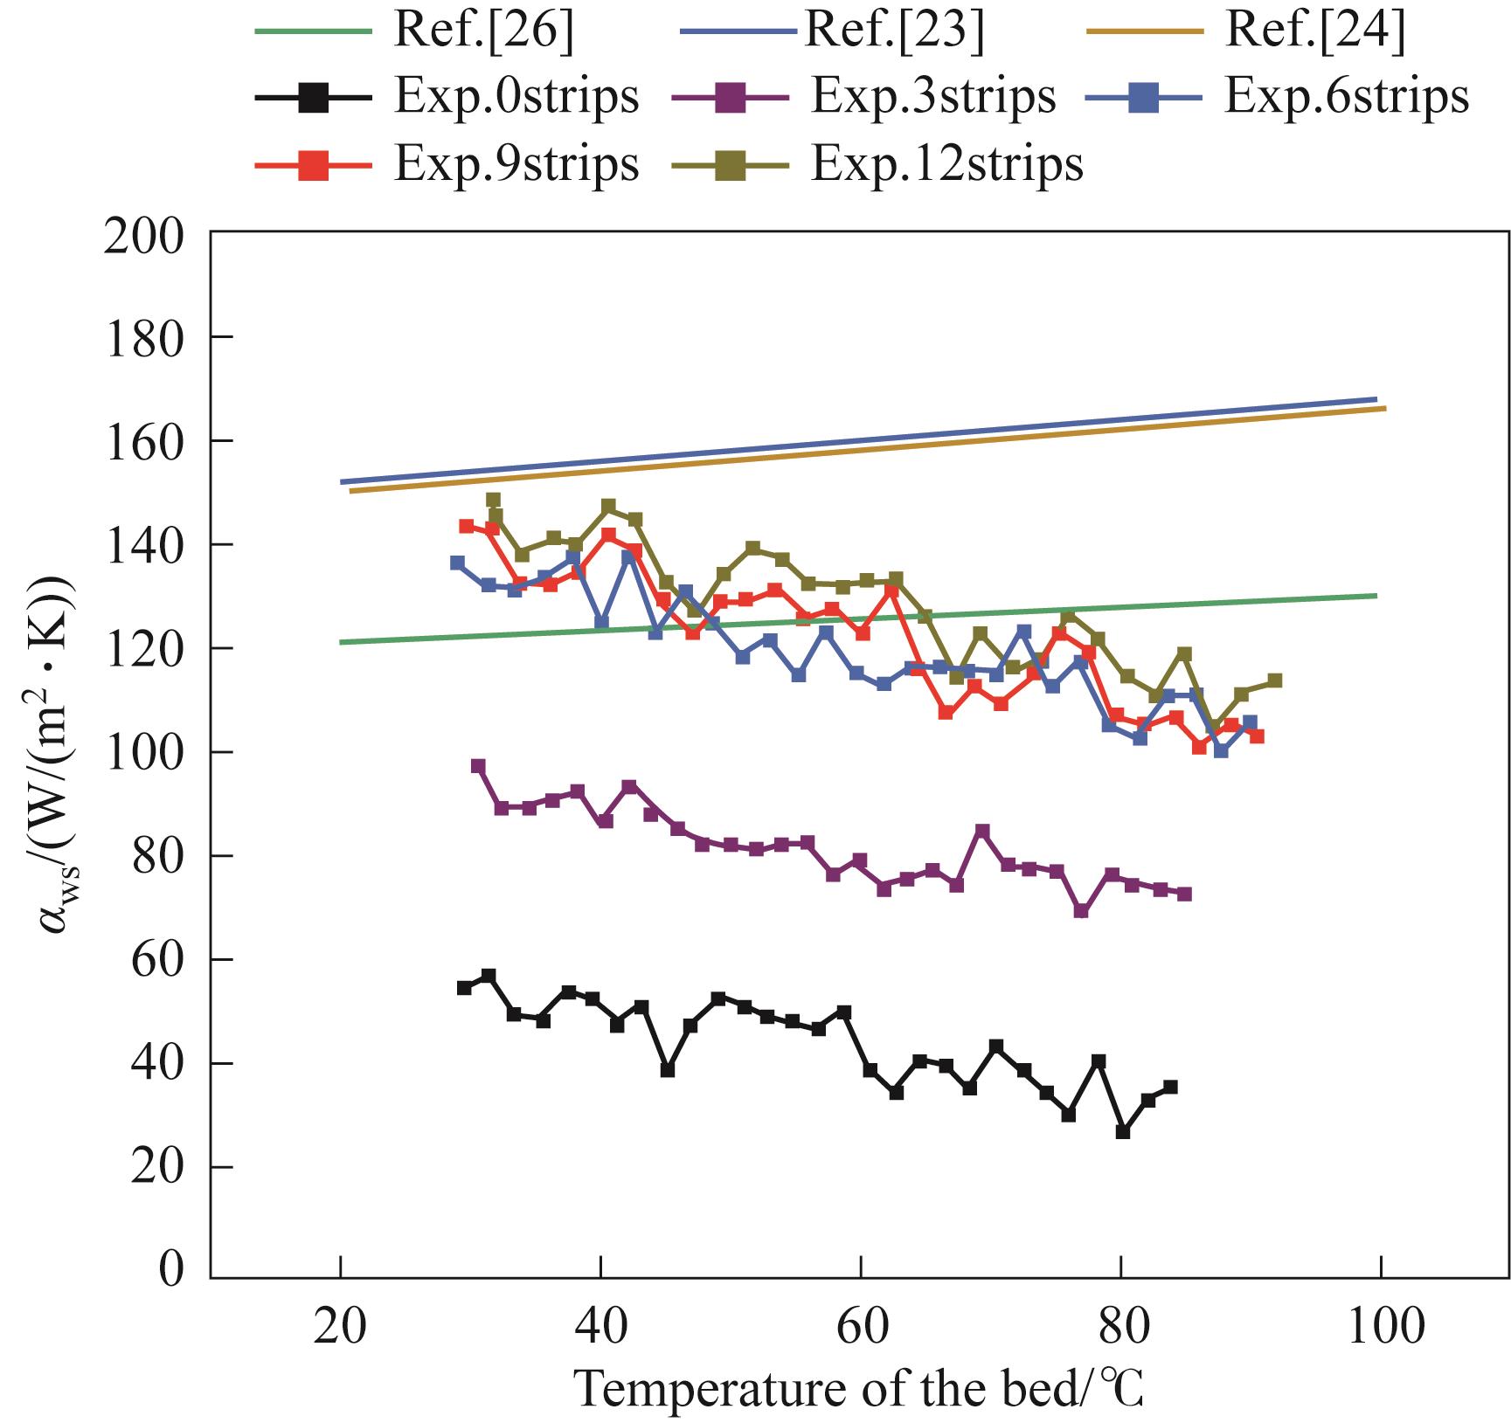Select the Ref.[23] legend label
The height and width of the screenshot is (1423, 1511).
[x=894, y=31]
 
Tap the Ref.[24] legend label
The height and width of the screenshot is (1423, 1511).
[x=1316, y=31]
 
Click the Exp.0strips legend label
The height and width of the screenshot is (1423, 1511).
[x=516, y=96]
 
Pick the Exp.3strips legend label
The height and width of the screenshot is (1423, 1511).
[x=933, y=96]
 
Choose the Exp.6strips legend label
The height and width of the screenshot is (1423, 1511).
[x=1347, y=96]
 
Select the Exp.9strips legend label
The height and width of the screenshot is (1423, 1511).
[x=516, y=162]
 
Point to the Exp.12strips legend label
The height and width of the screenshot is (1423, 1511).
[x=947, y=162]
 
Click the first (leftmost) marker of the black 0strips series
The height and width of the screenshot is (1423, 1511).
[x=464, y=987]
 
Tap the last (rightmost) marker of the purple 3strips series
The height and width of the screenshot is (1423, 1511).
[x=1184, y=894]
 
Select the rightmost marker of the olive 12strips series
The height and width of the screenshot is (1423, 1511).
[x=1274, y=680]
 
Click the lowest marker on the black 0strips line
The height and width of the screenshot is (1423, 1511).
[x=1123, y=1131]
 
